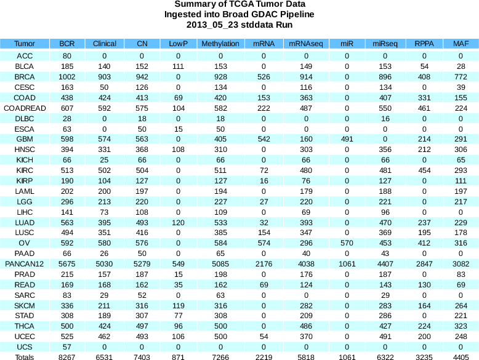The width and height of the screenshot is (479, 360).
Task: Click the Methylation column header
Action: tap(220, 44)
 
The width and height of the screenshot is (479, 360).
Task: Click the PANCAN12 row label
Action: tap(25, 264)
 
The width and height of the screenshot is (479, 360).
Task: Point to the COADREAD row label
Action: tap(25, 108)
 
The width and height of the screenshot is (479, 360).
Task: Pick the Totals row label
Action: tap(25, 357)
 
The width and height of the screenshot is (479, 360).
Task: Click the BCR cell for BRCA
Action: tap(67, 76)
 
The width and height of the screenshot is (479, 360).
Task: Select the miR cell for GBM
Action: tap(347, 139)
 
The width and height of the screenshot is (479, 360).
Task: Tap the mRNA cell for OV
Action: tap(264, 243)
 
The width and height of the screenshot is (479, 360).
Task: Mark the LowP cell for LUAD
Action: tap(179, 222)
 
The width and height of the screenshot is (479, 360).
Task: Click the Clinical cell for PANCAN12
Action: tap(105, 264)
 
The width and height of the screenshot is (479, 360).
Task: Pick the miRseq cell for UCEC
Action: tap(385, 337)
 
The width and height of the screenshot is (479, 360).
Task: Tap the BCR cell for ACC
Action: tap(67, 55)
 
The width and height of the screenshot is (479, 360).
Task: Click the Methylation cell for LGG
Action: tap(220, 201)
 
